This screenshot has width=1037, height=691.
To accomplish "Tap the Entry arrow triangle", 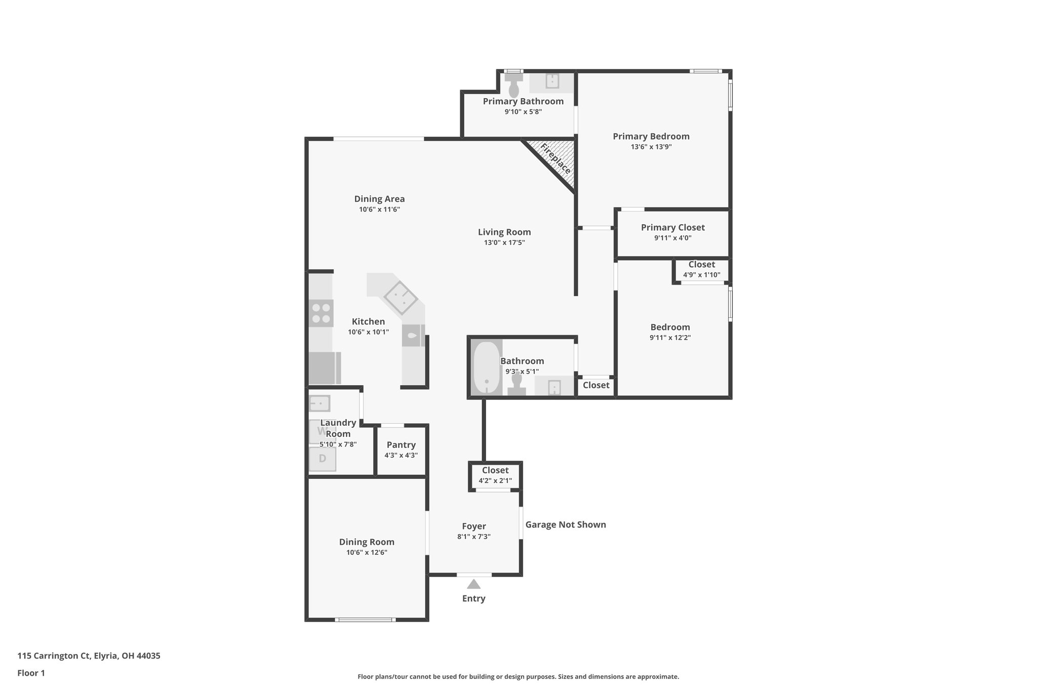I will pos(473,584).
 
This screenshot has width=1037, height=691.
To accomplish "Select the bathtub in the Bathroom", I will pos(487,367).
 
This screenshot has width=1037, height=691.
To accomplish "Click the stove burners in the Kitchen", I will pos(321,313).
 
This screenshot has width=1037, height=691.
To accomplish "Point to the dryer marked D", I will pos(323,459).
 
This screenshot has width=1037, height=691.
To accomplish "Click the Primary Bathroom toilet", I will pos(513,86).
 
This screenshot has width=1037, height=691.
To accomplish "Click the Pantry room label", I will pos(401,444).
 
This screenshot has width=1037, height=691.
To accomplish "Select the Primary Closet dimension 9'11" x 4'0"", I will pos(672,238).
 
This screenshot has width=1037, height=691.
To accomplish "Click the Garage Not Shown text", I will pos(566,524).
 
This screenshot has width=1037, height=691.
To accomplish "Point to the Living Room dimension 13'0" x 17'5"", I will pos(504,242).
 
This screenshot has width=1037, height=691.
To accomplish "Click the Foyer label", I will pos(473,526).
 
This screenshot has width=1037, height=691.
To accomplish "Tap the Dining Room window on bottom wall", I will pos(365,619).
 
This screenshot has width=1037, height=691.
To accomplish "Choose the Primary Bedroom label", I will pos(651,136).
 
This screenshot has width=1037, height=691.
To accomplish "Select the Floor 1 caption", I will pos(31,673).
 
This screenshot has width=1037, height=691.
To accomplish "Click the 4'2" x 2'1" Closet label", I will pos(495,470).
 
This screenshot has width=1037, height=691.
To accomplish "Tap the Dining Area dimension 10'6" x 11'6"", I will pos(379,209).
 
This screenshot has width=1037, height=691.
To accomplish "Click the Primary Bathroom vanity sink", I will pos(552,81).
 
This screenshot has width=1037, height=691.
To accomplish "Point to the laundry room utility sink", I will pos(320,403).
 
